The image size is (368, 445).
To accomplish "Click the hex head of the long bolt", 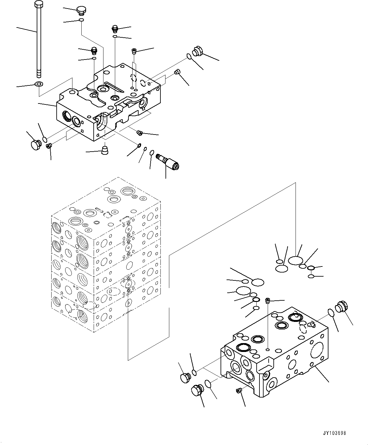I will tap(38, 4).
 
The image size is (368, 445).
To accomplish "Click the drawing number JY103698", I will tap(334, 433).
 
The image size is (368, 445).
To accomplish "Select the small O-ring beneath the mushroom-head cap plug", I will tap(81, 21).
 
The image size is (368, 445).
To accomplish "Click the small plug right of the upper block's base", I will tap(139, 133).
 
